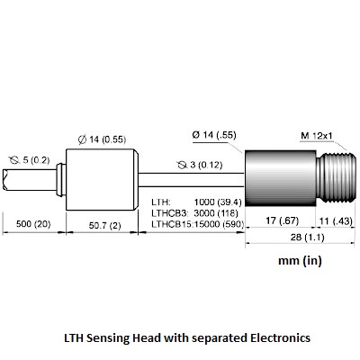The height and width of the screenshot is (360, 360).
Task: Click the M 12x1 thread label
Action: (x=317, y=136)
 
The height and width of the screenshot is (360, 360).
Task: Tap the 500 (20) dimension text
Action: (x=33, y=224)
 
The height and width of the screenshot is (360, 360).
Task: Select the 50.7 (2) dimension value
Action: (x=105, y=226)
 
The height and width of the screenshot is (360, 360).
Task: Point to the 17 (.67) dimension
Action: (x=283, y=221)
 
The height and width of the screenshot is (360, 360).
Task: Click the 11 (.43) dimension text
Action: (x=336, y=221)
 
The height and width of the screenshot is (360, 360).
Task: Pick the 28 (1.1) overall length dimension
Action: (x=307, y=238)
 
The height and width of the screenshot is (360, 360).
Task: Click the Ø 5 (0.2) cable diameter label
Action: (x=29, y=160)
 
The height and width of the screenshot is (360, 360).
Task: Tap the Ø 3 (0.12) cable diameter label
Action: (x=200, y=165)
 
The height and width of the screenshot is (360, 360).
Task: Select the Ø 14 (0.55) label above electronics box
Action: (x=102, y=139)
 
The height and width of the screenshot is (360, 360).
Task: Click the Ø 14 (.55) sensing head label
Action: (x=214, y=135)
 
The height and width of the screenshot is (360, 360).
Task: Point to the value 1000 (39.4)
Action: (x=218, y=202)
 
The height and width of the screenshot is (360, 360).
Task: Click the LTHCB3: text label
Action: (x=170, y=213)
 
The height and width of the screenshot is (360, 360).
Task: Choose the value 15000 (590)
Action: (x=220, y=224)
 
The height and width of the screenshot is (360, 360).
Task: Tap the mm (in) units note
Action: (x=300, y=260)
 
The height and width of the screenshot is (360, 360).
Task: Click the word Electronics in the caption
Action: (x=281, y=337)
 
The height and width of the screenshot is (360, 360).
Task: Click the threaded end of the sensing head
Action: (x=337, y=178)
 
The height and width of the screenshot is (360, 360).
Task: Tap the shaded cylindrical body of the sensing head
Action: (x=281, y=178)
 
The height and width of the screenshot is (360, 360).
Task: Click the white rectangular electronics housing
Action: (x=102, y=180)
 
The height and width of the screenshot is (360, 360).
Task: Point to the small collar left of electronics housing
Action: (x=61, y=180)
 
